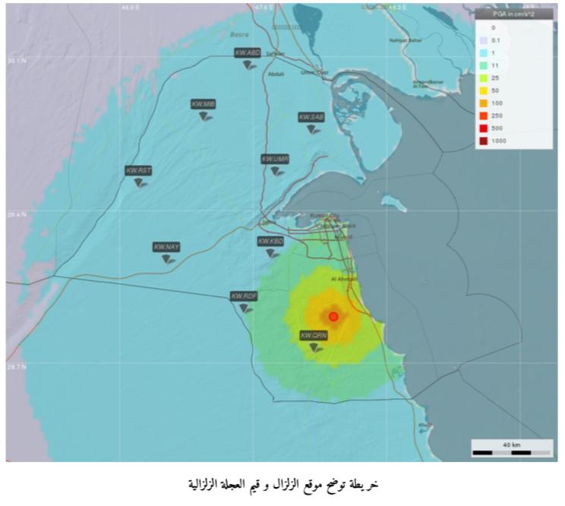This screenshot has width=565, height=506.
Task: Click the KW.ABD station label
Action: tap(248, 52)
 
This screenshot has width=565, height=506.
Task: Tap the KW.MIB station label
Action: tap(204, 103)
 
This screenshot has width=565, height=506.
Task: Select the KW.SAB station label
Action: tap(311, 117)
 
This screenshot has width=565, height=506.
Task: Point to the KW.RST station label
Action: tap(139, 171)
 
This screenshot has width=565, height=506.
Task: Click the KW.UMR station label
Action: tap(275, 159)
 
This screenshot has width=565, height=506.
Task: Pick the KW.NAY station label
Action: tap(166, 247)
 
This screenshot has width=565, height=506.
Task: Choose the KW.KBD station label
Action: tap(270, 241)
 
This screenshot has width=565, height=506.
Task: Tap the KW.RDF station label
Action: tap(245, 296)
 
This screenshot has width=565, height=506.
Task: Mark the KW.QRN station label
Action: tap(314, 335)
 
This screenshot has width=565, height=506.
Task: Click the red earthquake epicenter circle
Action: tap(333, 316)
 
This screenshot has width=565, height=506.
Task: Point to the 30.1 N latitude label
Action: tap(17, 59)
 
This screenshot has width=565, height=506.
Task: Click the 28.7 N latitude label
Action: tap(17, 366)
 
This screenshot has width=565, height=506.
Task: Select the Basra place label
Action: tap(241, 34)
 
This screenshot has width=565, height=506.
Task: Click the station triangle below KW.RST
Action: tap(140, 182)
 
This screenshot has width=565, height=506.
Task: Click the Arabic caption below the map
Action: tap(282, 483)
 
